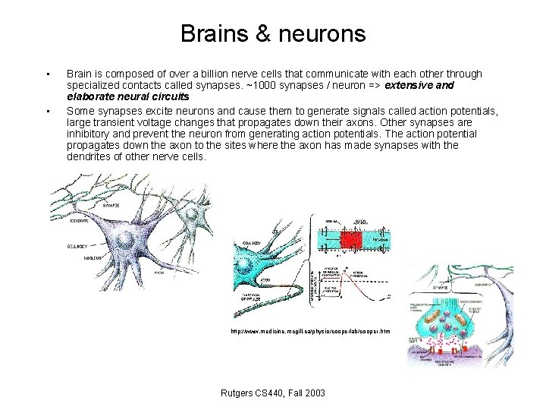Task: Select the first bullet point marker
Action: pos(48,74)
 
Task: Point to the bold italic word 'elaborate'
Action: pos(90,97)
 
